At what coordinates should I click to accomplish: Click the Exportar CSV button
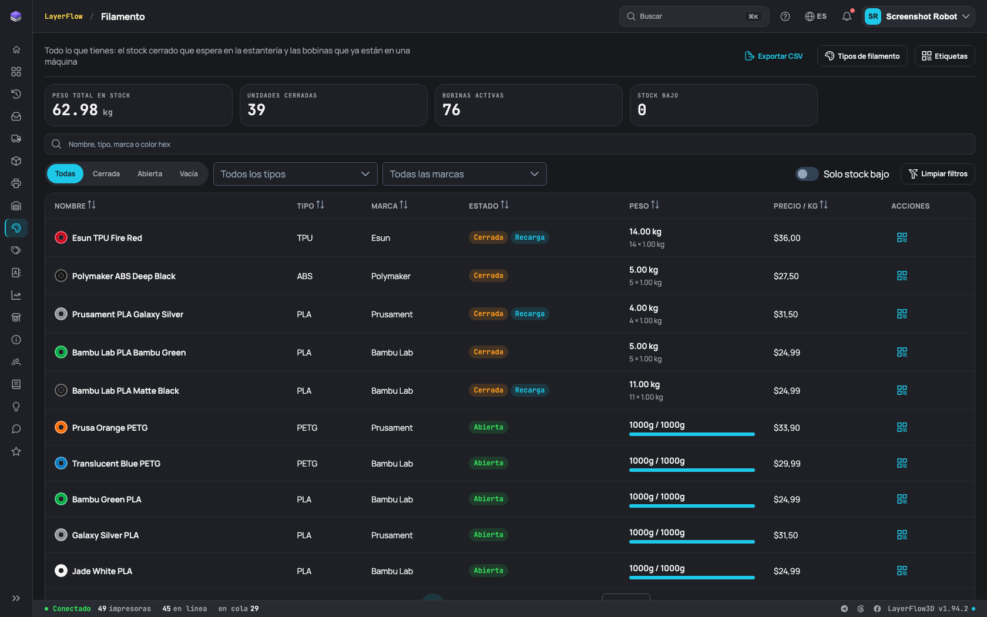(x=773, y=56)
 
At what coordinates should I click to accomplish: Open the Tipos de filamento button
(x=862, y=56)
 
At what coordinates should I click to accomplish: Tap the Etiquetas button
(x=944, y=56)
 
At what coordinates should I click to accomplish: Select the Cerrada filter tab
(x=106, y=174)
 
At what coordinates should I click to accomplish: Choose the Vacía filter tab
(x=189, y=174)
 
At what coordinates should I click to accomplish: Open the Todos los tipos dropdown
(x=295, y=174)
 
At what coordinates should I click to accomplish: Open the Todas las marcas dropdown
(x=464, y=174)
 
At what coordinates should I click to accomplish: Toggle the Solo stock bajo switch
(x=807, y=174)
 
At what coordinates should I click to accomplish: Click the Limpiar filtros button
(x=938, y=174)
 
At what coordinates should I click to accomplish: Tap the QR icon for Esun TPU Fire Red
(x=901, y=237)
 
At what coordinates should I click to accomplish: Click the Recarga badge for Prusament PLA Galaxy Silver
(x=529, y=314)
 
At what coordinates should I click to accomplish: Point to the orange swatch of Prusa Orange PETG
(x=61, y=428)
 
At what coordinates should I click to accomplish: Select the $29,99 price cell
(x=787, y=463)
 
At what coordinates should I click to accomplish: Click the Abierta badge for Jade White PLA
(x=488, y=570)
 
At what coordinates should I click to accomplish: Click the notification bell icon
(x=847, y=16)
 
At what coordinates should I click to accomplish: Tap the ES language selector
(x=815, y=16)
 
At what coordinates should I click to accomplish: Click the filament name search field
(x=509, y=144)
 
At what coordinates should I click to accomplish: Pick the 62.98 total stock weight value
(x=75, y=110)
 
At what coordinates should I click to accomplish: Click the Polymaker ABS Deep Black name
(x=124, y=276)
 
